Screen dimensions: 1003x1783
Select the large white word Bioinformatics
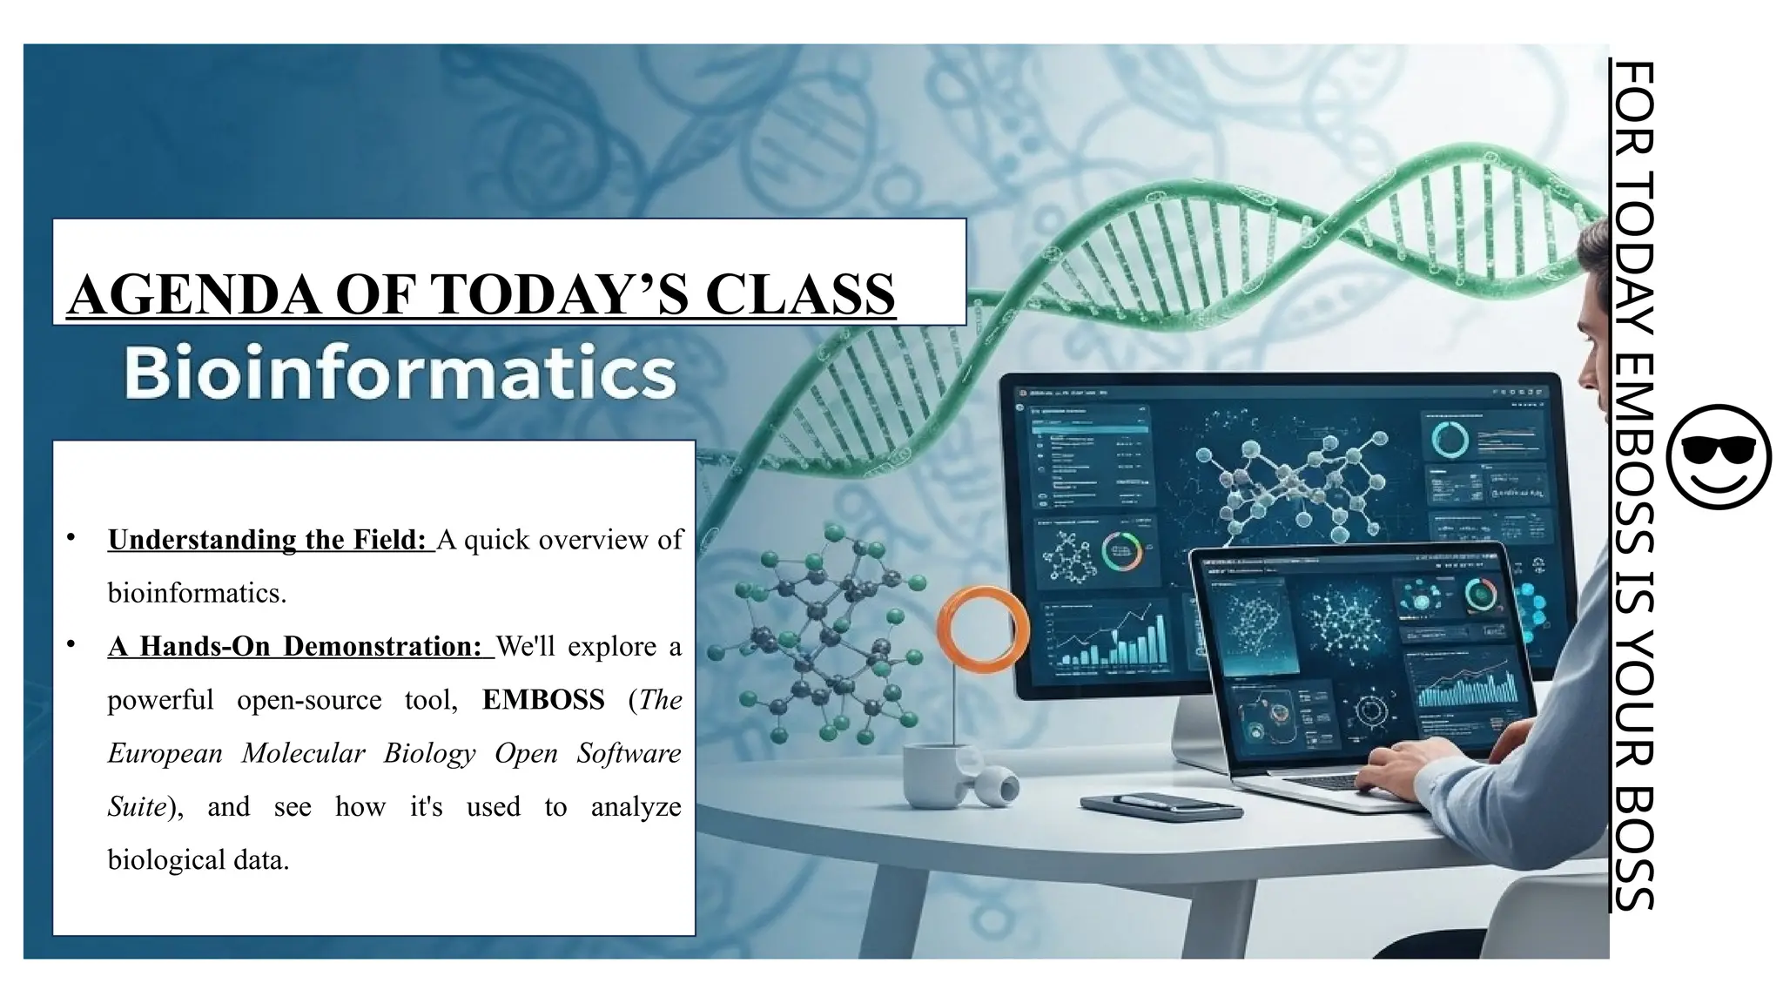(x=400, y=373)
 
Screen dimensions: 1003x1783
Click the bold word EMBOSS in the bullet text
(x=543, y=700)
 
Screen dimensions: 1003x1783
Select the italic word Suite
(x=138, y=807)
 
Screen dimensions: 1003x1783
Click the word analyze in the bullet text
(x=636, y=807)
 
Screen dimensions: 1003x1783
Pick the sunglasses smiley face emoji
(x=1718, y=456)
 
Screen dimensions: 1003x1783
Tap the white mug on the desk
(x=933, y=774)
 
